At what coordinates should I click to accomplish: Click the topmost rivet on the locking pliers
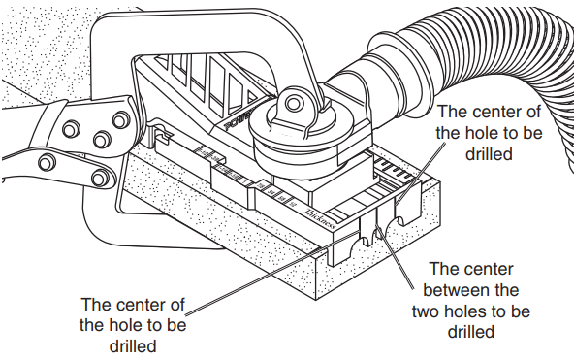pos(119,119)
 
